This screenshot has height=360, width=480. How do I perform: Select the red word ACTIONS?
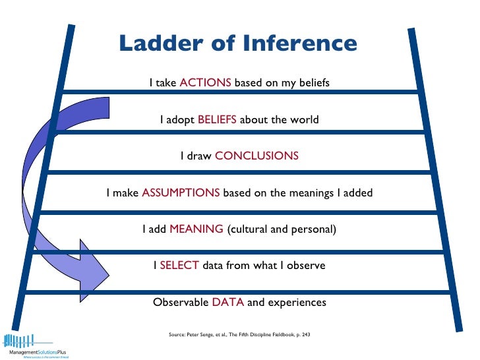click(205, 83)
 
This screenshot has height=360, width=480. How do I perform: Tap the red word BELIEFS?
click(217, 120)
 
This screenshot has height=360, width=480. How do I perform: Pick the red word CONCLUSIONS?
click(256, 156)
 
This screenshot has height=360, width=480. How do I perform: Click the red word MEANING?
click(196, 229)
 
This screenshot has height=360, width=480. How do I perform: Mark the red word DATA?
click(228, 303)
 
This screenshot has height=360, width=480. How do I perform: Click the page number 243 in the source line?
click(305, 336)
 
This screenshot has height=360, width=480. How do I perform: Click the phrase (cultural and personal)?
click(282, 229)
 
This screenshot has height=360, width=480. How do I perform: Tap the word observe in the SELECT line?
click(306, 266)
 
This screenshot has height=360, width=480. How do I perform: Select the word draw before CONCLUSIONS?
click(200, 156)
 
